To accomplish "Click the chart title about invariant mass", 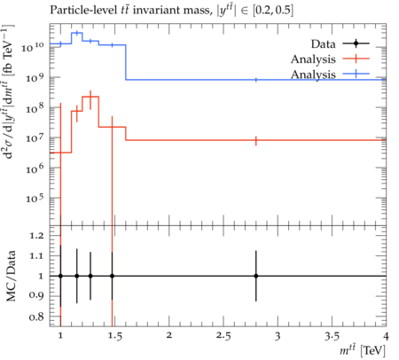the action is pos(171,11).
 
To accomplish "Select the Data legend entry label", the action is pos(323,44).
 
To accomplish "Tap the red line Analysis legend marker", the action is pos(356,59).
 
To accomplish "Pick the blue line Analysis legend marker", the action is pos(356,74).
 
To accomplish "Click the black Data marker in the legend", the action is pos(356,43).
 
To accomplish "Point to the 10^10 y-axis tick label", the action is pos(32,47).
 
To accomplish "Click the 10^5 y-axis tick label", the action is pos(35,198).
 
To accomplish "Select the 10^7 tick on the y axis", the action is pos(35,137).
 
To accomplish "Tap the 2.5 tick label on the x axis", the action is pos(223,336).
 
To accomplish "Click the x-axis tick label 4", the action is pos(386,336).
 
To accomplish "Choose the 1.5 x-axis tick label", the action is pos(114,336).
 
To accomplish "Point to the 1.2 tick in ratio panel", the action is pos(36,236).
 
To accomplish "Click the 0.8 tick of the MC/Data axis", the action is pos(36,317).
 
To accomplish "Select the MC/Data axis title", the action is pos(12,276).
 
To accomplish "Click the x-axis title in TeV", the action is pos(363,350).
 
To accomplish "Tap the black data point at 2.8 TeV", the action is pos(256,276).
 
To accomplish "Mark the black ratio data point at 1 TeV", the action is pos(60,276).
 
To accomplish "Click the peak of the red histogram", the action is pos(90,97).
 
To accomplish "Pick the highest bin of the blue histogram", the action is pos(77,33).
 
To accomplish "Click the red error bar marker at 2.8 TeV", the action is pos(256,141).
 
